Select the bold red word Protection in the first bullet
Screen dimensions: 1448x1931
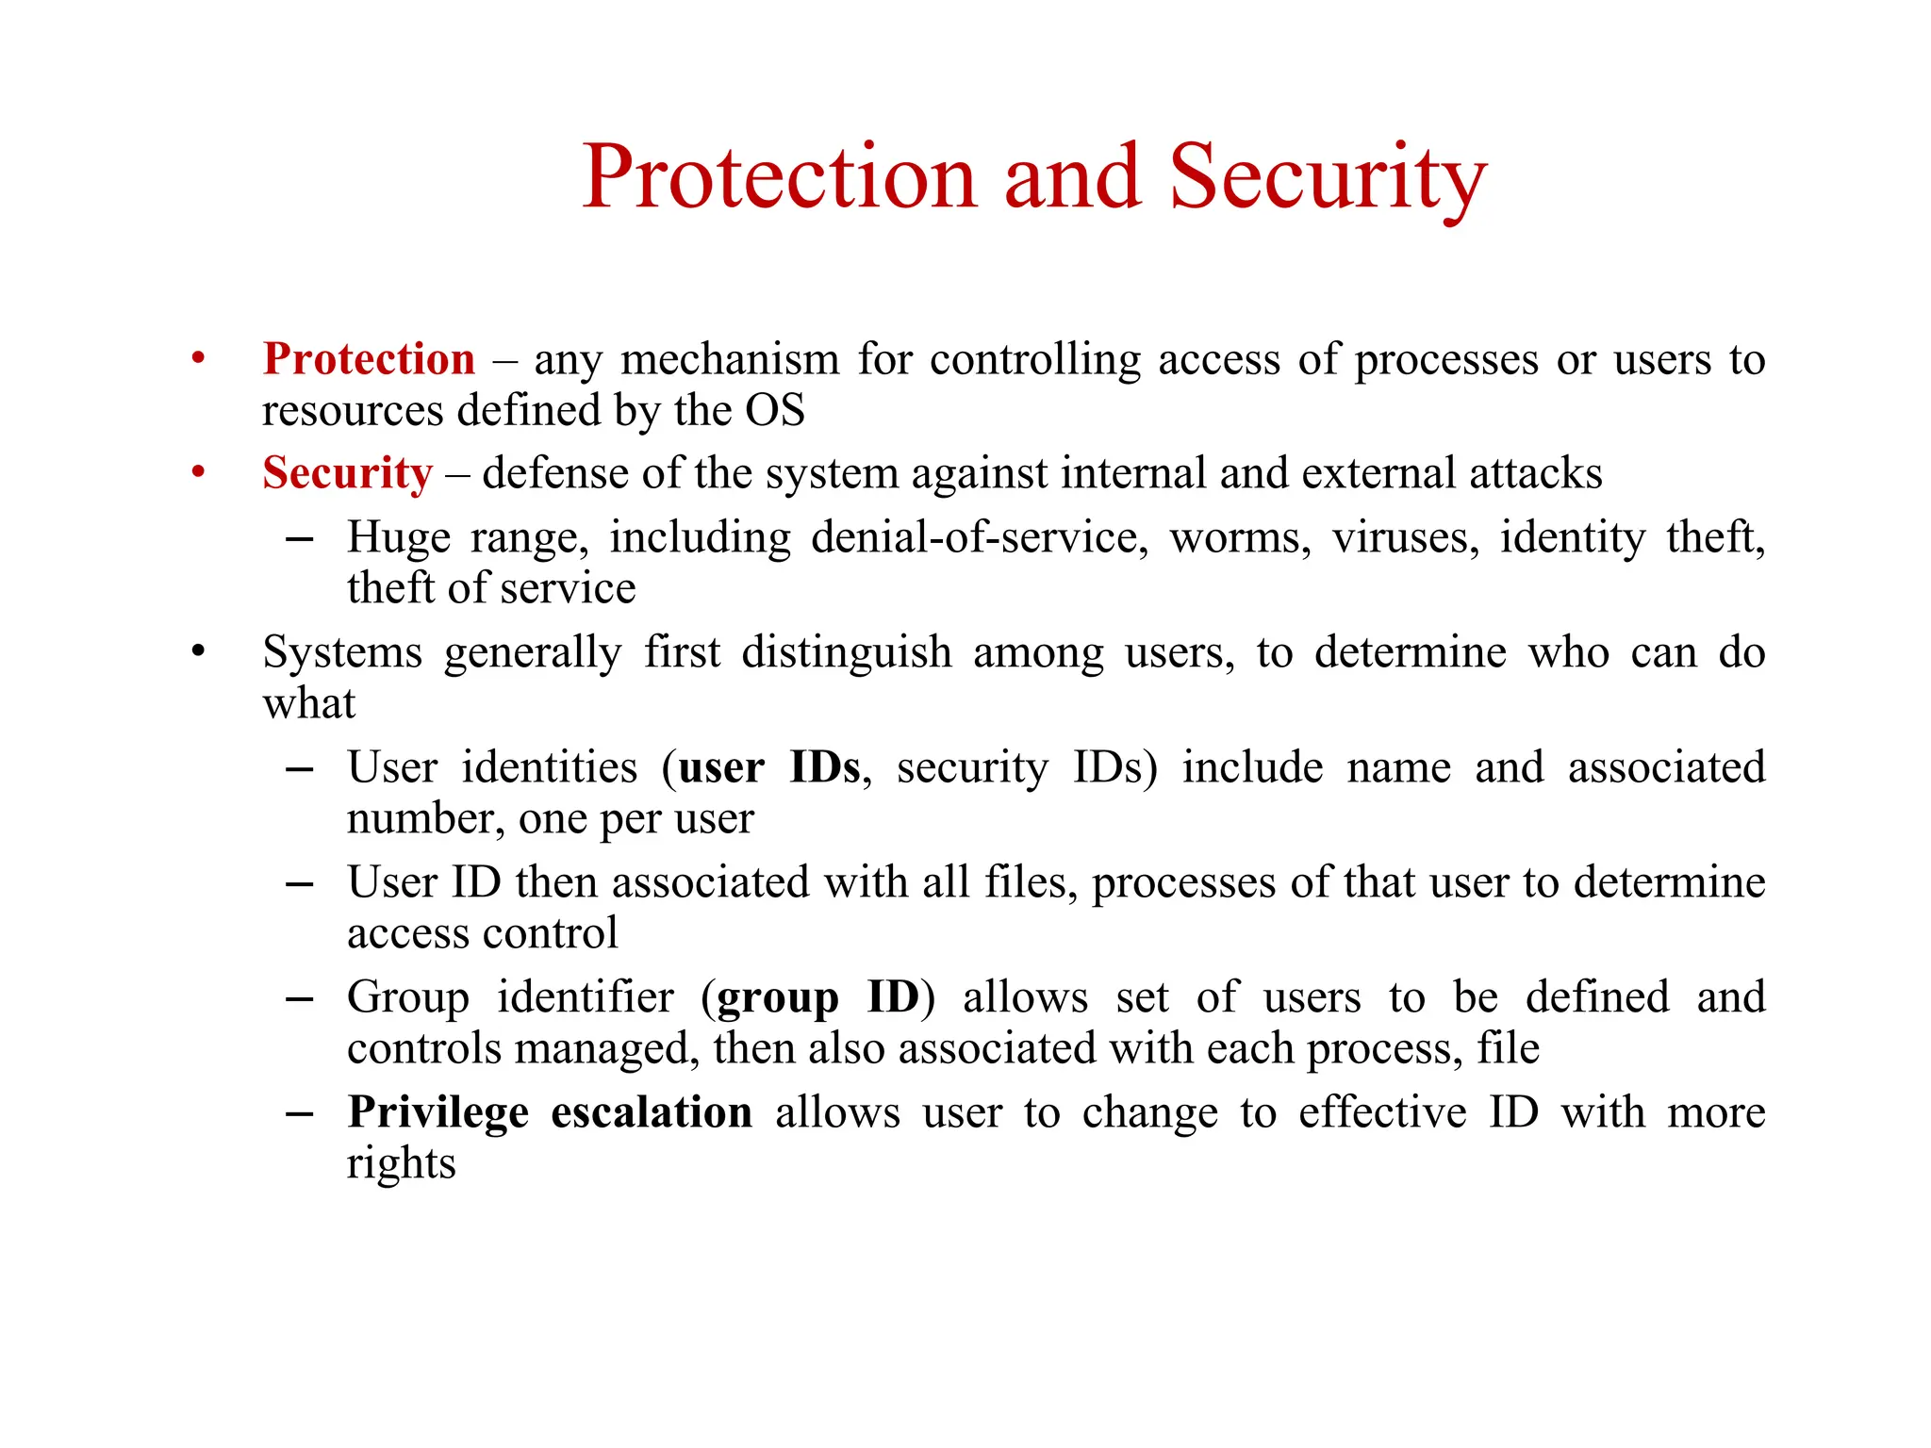point(369,359)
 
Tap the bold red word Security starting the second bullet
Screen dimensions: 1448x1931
point(347,473)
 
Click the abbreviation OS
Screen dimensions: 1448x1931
point(775,411)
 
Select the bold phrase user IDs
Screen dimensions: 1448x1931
point(768,767)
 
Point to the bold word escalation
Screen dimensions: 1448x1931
point(652,1112)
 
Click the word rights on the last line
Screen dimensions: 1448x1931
point(401,1164)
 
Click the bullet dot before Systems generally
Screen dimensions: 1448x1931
point(198,651)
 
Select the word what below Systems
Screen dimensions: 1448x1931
point(309,704)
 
